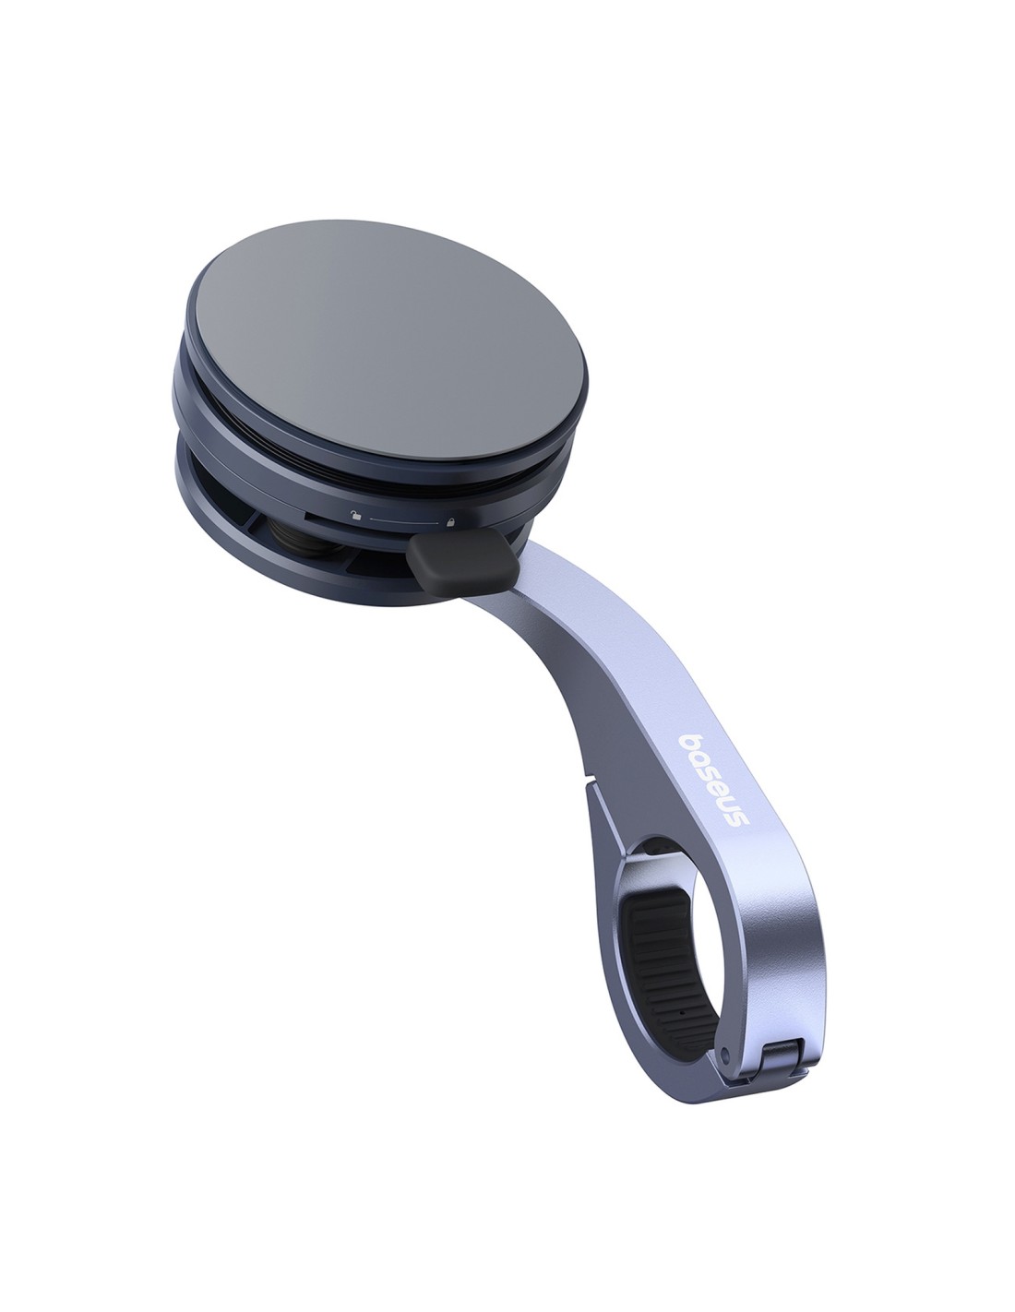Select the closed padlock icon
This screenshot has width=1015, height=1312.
point(449,521)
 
